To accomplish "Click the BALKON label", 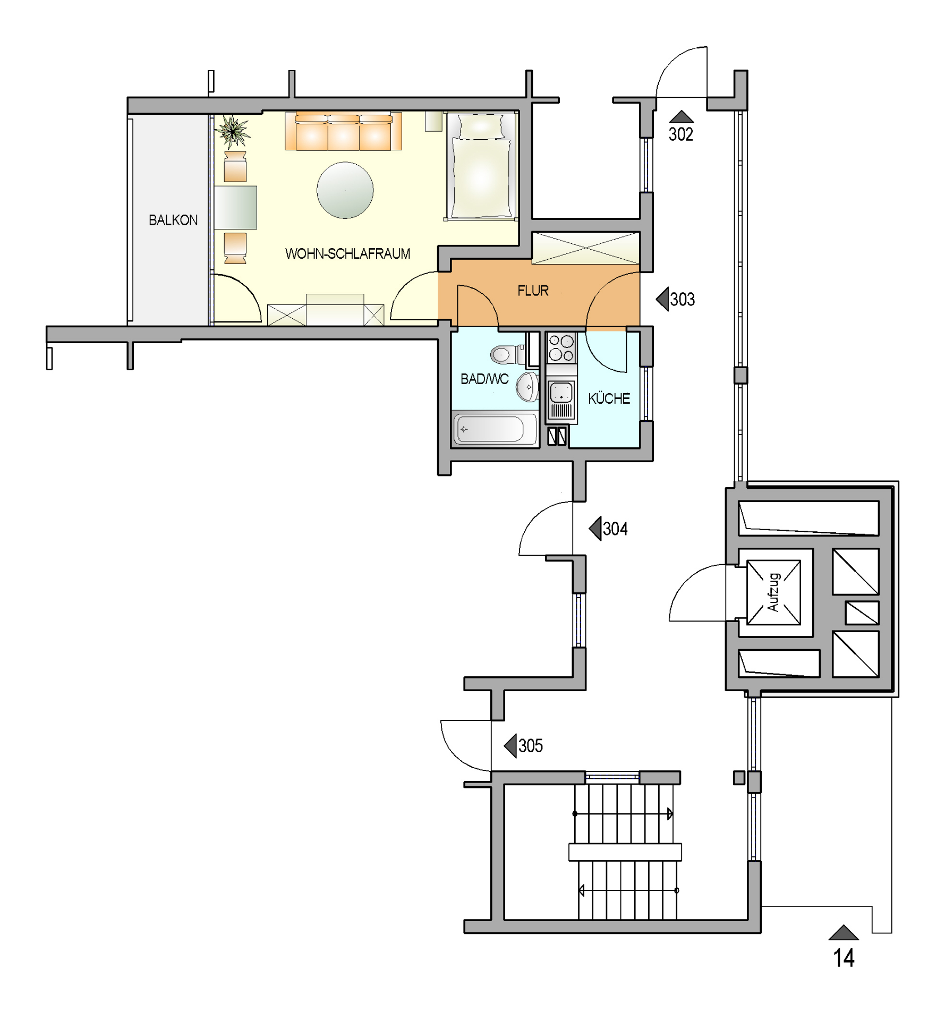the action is (173, 220).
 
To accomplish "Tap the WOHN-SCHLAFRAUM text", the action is (348, 253).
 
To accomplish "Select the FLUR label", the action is (533, 291).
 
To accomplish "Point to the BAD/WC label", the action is (484, 379).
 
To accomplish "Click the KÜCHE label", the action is (609, 398).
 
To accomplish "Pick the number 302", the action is (680, 134).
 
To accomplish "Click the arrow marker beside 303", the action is (662, 299).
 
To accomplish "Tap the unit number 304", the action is (615, 529).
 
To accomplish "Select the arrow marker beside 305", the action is (510, 745).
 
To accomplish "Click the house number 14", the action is (844, 958).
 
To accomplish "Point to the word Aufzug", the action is (773, 592).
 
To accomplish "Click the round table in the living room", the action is (345, 190).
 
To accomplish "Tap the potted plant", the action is (233, 131).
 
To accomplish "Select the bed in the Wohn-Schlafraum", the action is (481, 166).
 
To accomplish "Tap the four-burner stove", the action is (561, 347).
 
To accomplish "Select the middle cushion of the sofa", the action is (344, 133).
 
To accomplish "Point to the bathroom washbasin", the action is (527, 387).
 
